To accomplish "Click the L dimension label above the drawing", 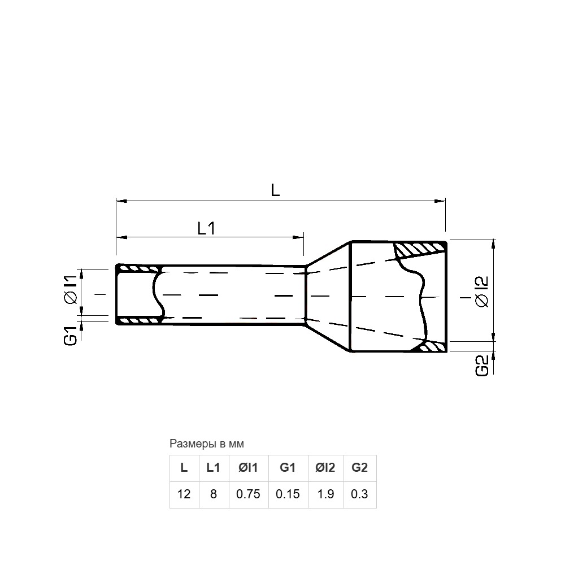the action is pos(275,190).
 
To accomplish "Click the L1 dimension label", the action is pos(206,228).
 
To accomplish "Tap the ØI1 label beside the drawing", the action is pos(71,290).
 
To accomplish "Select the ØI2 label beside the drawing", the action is pos(482,292).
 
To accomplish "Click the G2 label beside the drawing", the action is pos(482,366).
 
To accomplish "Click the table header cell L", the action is pos(184,468).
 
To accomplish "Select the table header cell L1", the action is pos(214,468).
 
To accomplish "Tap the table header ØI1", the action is pos(248,468).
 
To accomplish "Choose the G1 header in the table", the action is pos(288,468).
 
